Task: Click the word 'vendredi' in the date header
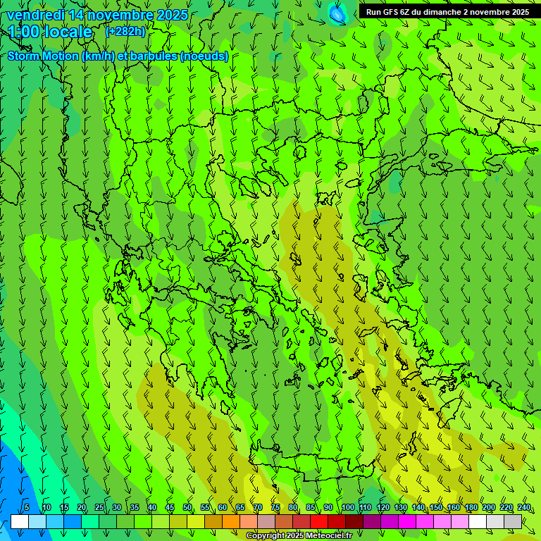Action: pyautogui.click(x=35, y=15)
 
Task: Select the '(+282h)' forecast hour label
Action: pyautogui.click(x=125, y=31)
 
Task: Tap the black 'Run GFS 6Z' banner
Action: pyautogui.click(x=448, y=12)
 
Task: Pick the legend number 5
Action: pyautogui.click(x=27, y=508)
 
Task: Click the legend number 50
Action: pyautogui.click(x=187, y=508)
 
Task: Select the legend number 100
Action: pyautogui.click(x=348, y=508)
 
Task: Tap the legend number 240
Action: pyautogui.click(x=524, y=508)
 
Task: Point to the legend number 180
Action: pyautogui.click(x=471, y=508)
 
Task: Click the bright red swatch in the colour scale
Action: pyautogui.click(x=319, y=521)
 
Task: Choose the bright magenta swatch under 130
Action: pyautogui.click(x=407, y=521)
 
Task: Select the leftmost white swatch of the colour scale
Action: pyautogui.click(x=20, y=521)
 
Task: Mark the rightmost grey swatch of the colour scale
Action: pyautogui.click(x=513, y=521)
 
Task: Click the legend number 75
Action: pyautogui.click(x=275, y=508)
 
